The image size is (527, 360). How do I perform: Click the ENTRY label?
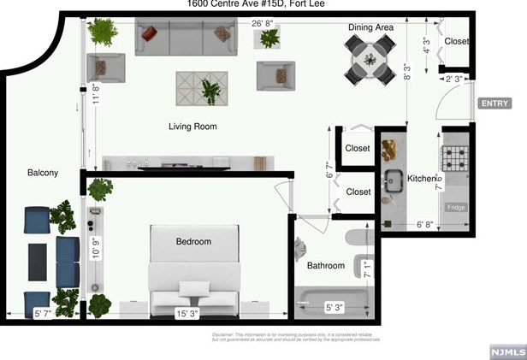(495, 103)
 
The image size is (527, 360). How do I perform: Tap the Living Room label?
(192, 127)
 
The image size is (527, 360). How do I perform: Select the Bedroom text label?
(193, 242)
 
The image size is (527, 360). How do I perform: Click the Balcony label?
(43, 173)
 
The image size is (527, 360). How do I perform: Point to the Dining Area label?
(370, 28)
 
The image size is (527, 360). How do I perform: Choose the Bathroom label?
(326, 266)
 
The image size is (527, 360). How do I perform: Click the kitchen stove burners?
(453, 159)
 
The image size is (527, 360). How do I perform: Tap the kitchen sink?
(394, 181)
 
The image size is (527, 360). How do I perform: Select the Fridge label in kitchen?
(456, 208)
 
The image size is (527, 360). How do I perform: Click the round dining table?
(370, 59)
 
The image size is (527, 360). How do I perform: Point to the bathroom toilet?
(355, 237)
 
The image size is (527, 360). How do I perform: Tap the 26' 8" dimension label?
(263, 24)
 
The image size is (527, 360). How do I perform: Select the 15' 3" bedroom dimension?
(188, 313)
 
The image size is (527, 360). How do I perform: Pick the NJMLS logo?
(506, 351)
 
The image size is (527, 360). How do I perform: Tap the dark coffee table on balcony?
(38, 262)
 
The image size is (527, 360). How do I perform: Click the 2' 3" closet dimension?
(455, 80)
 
